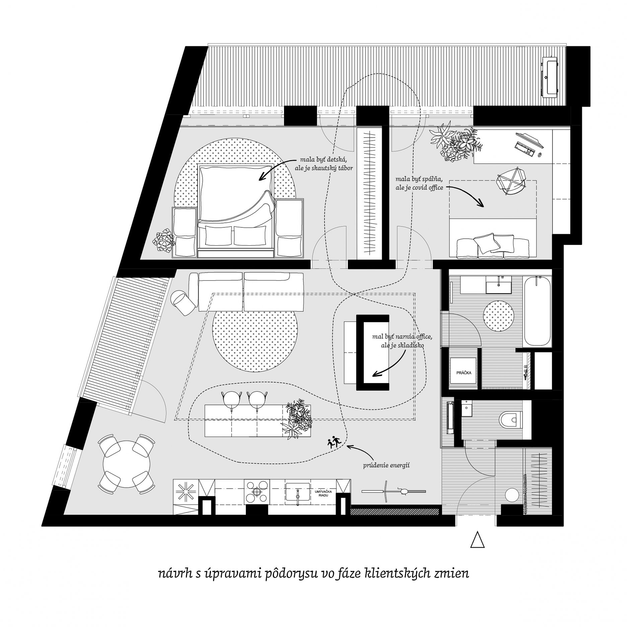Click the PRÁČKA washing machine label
(x=464, y=372)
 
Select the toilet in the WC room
(x=510, y=419)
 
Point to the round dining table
(x=127, y=464)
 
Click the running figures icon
(x=334, y=442)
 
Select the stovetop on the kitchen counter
(x=257, y=492)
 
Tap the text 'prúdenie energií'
(x=382, y=465)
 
